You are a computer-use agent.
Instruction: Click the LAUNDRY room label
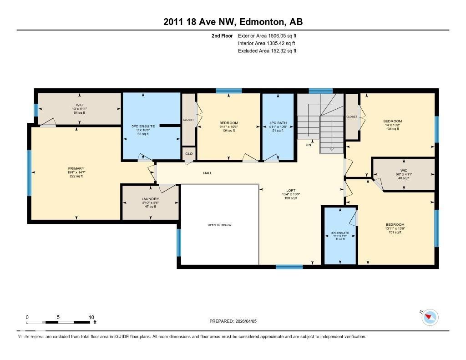(x=150, y=199)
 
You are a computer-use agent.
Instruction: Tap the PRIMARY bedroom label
(x=76, y=168)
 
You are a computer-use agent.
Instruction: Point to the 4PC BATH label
(x=278, y=123)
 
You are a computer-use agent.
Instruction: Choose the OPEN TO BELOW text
(x=220, y=225)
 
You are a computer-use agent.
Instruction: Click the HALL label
(x=208, y=173)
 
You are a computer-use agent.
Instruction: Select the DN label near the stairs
(x=308, y=145)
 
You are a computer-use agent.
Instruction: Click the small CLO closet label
(x=189, y=154)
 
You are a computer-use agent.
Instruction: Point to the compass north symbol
(x=430, y=317)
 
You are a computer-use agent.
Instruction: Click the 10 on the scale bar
(x=91, y=317)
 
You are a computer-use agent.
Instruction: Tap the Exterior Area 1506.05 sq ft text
(x=267, y=35)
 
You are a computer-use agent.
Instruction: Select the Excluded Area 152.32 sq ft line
(x=267, y=51)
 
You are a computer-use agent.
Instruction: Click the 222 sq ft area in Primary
(x=76, y=176)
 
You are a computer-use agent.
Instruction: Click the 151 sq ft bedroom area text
(x=395, y=232)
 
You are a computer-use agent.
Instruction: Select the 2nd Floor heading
(x=222, y=35)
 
